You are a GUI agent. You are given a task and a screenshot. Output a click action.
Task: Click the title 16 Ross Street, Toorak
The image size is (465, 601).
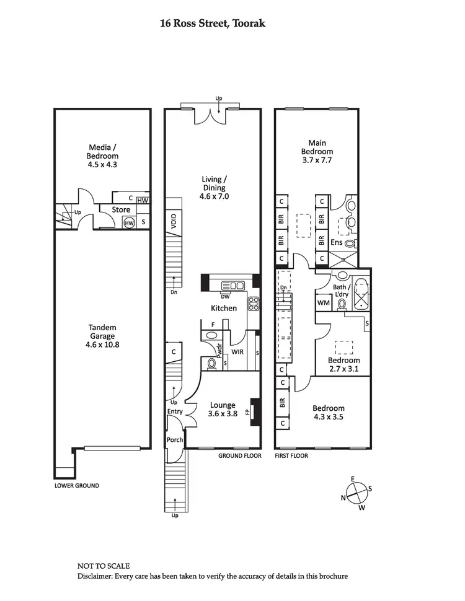[x=213, y=24]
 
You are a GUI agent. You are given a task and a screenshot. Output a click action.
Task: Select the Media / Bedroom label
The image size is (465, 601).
[x=102, y=152]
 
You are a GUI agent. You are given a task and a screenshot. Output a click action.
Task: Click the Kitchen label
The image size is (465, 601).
[x=224, y=308]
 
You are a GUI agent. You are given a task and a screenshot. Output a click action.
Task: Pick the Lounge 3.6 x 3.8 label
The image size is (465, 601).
[x=223, y=410]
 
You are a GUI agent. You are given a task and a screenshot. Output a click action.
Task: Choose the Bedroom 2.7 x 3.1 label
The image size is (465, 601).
[x=344, y=365]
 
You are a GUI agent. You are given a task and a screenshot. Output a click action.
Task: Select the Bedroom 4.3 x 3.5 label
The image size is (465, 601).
[x=328, y=412]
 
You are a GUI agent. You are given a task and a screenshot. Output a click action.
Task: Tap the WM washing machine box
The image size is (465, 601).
[x=323, y=303]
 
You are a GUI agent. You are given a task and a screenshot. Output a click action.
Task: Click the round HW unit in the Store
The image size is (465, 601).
[x=129, y=222]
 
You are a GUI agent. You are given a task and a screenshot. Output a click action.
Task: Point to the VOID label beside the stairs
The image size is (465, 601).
[x=174, y=222]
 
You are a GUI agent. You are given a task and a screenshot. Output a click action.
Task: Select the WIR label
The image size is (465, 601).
[x=237, y=352]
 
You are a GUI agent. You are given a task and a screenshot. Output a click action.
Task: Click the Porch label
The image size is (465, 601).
[x=174, y=440]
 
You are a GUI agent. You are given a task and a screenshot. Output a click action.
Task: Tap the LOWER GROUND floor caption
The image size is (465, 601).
[x=76, y=486]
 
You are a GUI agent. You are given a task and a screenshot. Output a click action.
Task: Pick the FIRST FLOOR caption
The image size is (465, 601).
[x=291, y=455]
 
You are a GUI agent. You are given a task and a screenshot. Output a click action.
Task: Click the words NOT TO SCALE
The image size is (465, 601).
[x=104, y=566]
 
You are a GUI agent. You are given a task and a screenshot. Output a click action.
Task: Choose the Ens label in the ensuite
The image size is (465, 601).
[x=337, y=243]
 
